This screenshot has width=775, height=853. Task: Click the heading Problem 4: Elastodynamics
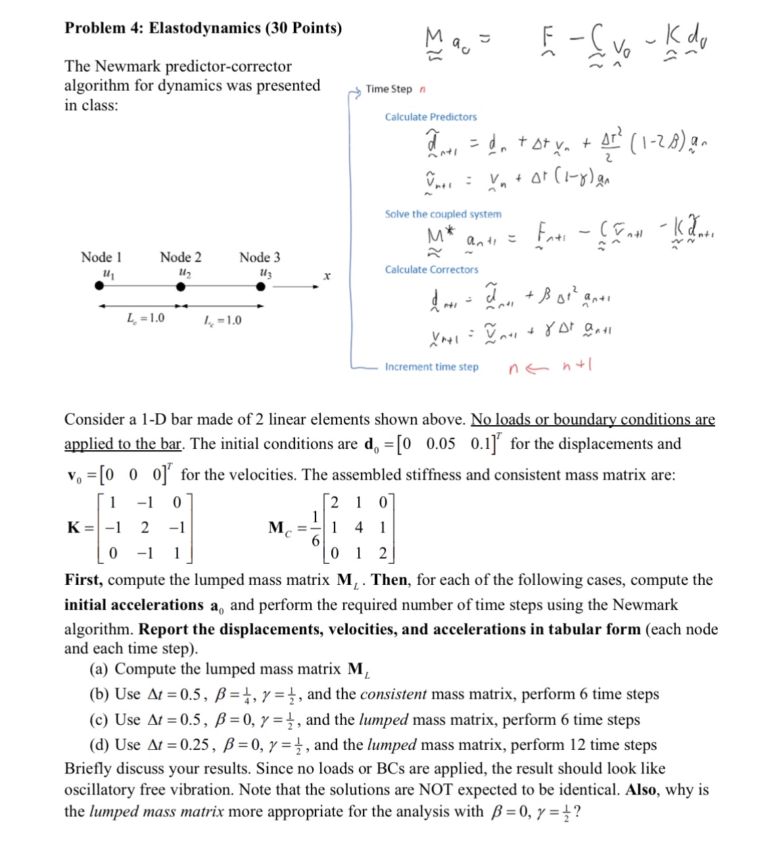coord(203,28)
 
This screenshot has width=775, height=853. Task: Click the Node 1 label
coord(101,257)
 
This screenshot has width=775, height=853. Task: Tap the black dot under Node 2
coord(181,287)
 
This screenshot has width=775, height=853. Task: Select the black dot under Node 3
coord(260,287)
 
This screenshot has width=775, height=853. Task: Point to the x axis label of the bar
coord(325,276)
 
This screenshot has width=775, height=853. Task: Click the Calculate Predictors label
coord(431,117)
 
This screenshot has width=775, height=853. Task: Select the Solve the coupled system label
coord(443,214)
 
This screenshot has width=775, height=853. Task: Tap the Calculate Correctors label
coord(431,269)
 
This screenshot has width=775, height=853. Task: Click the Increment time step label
coord(431,367)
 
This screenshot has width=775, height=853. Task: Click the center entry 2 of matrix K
coord(145,527)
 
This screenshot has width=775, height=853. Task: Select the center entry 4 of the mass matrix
coord(358,527)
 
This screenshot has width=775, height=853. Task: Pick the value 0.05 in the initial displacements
coord(440,444)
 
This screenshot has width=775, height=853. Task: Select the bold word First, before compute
coord(83,580)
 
